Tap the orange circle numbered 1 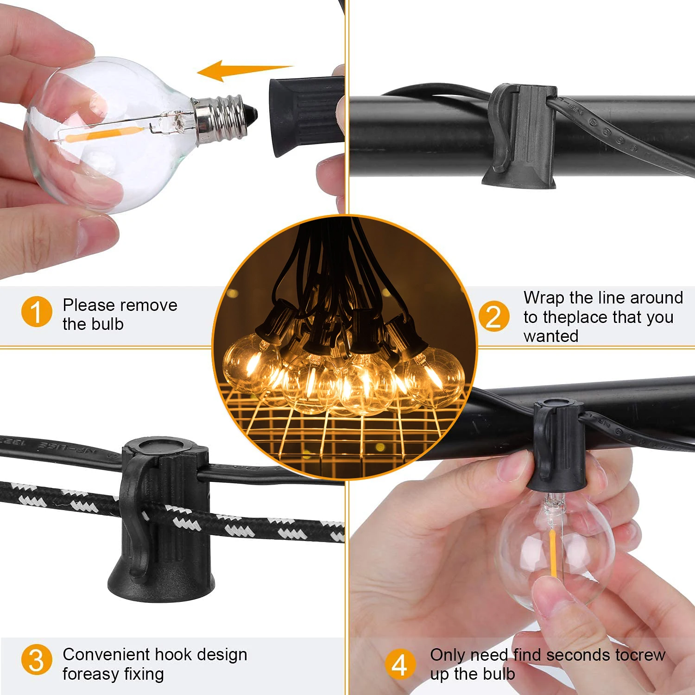pos(37,312)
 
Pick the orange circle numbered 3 pos(37,660)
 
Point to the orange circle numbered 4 pos(400,664)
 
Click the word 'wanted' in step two pos(551,336)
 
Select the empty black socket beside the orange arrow pos(306,117)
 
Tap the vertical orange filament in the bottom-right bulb pos(553,554)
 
